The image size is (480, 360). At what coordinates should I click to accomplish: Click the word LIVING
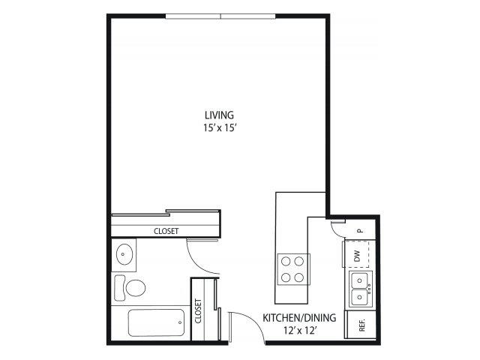[x=219, y=115]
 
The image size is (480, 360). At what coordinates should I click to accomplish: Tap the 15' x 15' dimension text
[x=219, y=127]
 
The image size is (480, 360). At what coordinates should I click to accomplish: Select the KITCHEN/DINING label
[x=299, y=318]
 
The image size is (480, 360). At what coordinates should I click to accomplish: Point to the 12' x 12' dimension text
[x=299, y=331]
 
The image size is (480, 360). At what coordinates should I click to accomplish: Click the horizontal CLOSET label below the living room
[x=166, y=231]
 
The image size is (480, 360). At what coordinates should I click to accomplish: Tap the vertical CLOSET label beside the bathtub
[x=198, y=311]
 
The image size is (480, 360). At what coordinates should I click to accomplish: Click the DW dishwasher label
[x=357, y=256]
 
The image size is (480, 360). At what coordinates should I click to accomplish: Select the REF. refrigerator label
[x=362, y=325]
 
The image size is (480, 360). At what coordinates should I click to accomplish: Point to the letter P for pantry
[x=361, y=230]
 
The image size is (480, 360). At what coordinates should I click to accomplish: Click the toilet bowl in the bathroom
[x=135, y=288]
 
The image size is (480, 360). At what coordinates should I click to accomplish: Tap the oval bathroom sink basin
[x=124, y=254]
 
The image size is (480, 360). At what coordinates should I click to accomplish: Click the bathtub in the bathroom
[x=156, y=322]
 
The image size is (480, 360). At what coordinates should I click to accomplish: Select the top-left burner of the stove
[x=286, y=262]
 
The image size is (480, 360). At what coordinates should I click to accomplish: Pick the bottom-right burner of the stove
[x=298, y=277]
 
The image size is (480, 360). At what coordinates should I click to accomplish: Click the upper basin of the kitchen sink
[x=360, y=280]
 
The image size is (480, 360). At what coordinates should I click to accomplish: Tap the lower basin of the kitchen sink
[x=360, y=297]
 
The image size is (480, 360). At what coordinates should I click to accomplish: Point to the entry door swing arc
[x=254, y=322]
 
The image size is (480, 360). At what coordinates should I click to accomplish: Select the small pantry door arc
[x=335, y=232]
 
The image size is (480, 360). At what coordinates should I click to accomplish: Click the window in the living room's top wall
[x=220, y=16]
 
